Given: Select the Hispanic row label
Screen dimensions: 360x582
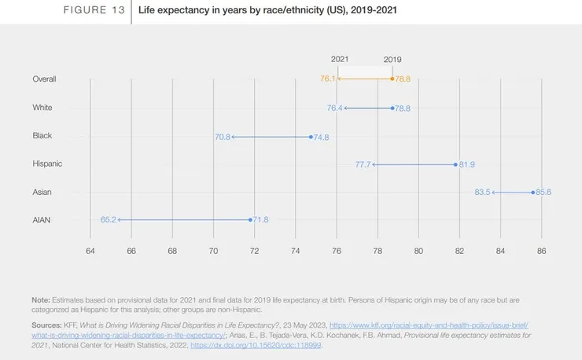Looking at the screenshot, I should [x=47, y=163].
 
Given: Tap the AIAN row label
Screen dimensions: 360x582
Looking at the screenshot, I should [x=42, y=220].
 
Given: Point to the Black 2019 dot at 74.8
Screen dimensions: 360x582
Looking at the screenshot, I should [x=311, y=137].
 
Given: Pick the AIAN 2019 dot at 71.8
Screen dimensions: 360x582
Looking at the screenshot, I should [x=251, y=220].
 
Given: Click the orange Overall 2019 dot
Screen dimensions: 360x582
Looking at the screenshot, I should [x=392, y=79].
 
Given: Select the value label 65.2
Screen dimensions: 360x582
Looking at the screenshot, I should [x=108, y=220].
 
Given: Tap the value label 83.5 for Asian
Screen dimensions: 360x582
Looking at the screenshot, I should [x=482, y=192].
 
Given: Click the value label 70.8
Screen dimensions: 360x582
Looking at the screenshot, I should [x=222, y=137].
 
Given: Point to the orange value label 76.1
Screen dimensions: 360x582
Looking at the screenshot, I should [x=328, y=79].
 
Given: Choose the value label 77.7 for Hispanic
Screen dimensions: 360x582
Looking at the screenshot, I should [x=363, y=164].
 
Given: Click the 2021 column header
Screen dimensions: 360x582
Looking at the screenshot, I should [x=340, y=59].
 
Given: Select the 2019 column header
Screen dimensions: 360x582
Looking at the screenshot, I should [x=392, y=59].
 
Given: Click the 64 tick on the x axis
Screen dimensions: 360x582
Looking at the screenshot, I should [x=90, y=251].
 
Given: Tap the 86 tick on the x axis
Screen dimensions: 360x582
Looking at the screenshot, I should [x=541, y=251].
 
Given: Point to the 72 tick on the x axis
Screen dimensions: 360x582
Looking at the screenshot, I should [x=254, y=251].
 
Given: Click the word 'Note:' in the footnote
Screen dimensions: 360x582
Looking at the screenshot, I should [x=41, y=300].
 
